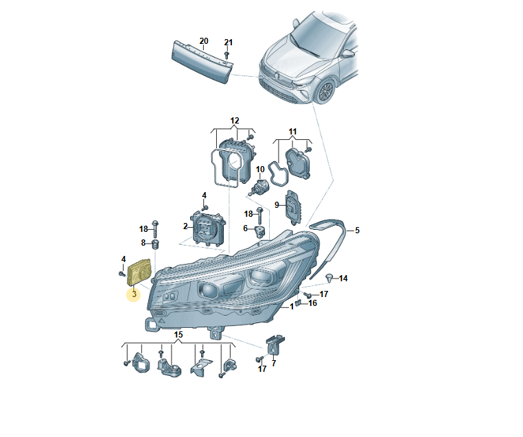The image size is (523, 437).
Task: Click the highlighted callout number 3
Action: [134, 294]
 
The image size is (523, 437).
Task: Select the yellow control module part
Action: [140, 272]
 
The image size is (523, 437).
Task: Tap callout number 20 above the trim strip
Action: [203, 41]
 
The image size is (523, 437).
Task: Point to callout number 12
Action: [235, 120]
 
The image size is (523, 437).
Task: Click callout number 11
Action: [292, 132]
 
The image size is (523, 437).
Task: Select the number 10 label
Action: [260, 169]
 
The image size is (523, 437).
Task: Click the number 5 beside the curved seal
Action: [357, 231]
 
